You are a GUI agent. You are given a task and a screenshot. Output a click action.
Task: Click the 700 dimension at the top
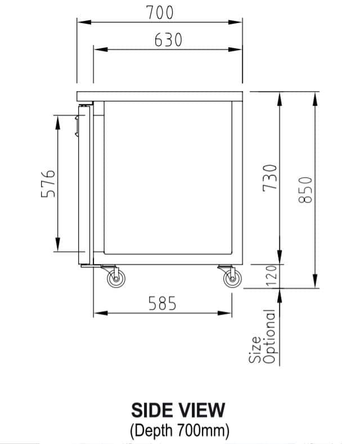tap(160, 12)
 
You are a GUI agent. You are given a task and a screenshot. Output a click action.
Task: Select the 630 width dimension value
tap(168, 41)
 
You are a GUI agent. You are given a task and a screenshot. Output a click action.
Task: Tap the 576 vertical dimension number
tap(48, 183)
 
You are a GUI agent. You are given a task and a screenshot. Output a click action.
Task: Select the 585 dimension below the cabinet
tap(163, 304)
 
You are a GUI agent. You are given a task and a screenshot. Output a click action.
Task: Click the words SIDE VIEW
tap(178, 410)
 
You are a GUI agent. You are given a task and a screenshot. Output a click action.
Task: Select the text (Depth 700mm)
tap(179, 431)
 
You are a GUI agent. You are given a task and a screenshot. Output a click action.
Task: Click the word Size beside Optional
tap(256, 349)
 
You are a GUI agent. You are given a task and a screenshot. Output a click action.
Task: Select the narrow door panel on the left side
tap(84, 186)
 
